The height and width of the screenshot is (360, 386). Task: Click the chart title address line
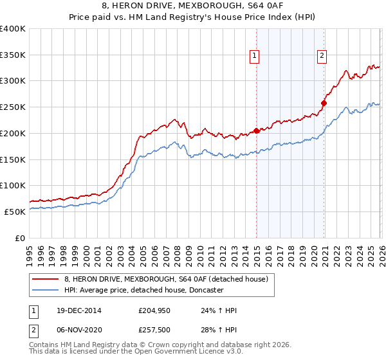point(192,8)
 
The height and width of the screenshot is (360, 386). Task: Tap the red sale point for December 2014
point(256,130)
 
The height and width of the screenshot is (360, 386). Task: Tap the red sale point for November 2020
point(324,103)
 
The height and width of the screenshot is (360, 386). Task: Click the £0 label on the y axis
point(19,238)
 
